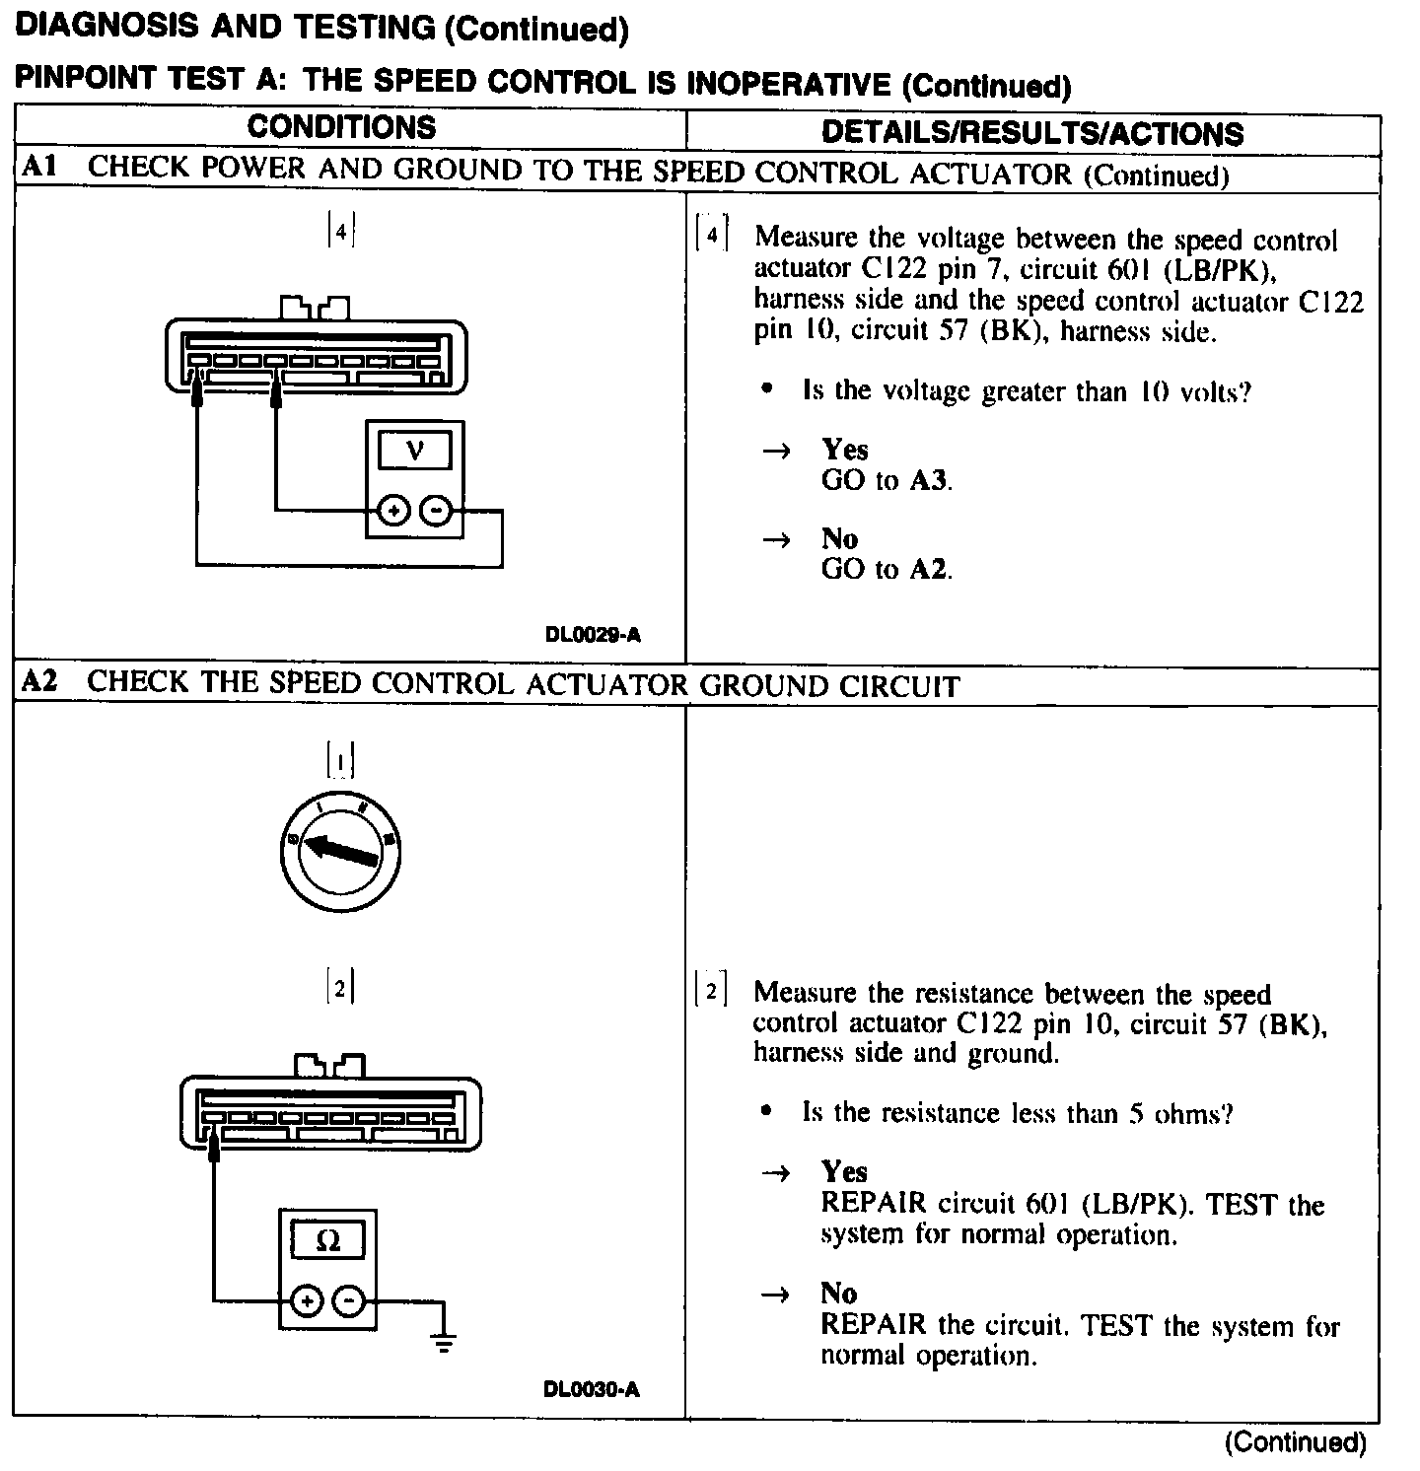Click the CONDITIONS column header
(x=341, y=127)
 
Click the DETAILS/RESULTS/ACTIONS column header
(x=1031, y=133)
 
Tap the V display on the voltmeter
(x=415, y=451)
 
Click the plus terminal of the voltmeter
(x=392, y=511)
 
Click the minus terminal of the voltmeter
(x=435, y=511)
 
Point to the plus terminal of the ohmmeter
(x=308, y=1301)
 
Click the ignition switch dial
(x=340, y=851)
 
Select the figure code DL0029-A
(x=593, y=635)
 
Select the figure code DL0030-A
(x=592, y=1390)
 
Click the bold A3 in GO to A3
(x=929, y=481)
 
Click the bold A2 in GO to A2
(x=929, y=569)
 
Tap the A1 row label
(x=40, y=168)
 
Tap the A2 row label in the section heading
(x=40, y=682)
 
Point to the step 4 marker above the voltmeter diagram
(x=340, y=232)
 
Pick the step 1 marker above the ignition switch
(x=340, y=761)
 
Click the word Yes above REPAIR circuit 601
(x=844, y=1171)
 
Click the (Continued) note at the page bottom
(x=1295, y=1443)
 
